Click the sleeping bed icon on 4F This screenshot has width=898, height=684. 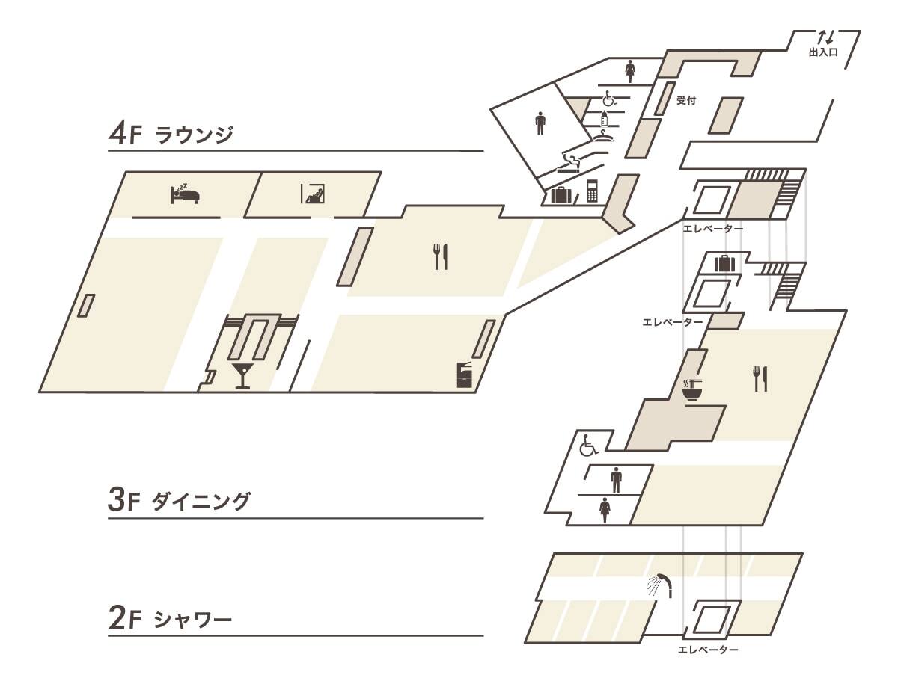(185, 194)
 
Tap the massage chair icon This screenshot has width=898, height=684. (314, 194)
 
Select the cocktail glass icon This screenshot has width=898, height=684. (242, 375)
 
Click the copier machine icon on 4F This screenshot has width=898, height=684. (463, 375)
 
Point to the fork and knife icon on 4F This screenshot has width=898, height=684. (441, 256)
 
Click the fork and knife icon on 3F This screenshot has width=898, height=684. (760, 379)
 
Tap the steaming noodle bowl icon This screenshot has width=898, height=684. (692, 389)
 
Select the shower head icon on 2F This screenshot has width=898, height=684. (659, 586)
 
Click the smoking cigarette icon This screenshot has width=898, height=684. (569, 164)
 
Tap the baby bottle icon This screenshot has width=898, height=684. (604, 117)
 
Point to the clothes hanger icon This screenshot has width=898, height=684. (602, 135)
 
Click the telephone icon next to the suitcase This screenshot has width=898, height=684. (592, 191)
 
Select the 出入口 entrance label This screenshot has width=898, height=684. (824, 52)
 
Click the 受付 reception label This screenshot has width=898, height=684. (686, 100)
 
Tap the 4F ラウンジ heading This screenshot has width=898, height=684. (171, 134)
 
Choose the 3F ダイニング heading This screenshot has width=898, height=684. (179, 501)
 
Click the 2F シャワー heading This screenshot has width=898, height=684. (170, 619)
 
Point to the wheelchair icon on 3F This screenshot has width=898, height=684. (588, 445)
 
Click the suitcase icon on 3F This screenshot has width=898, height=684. (724, 263)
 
